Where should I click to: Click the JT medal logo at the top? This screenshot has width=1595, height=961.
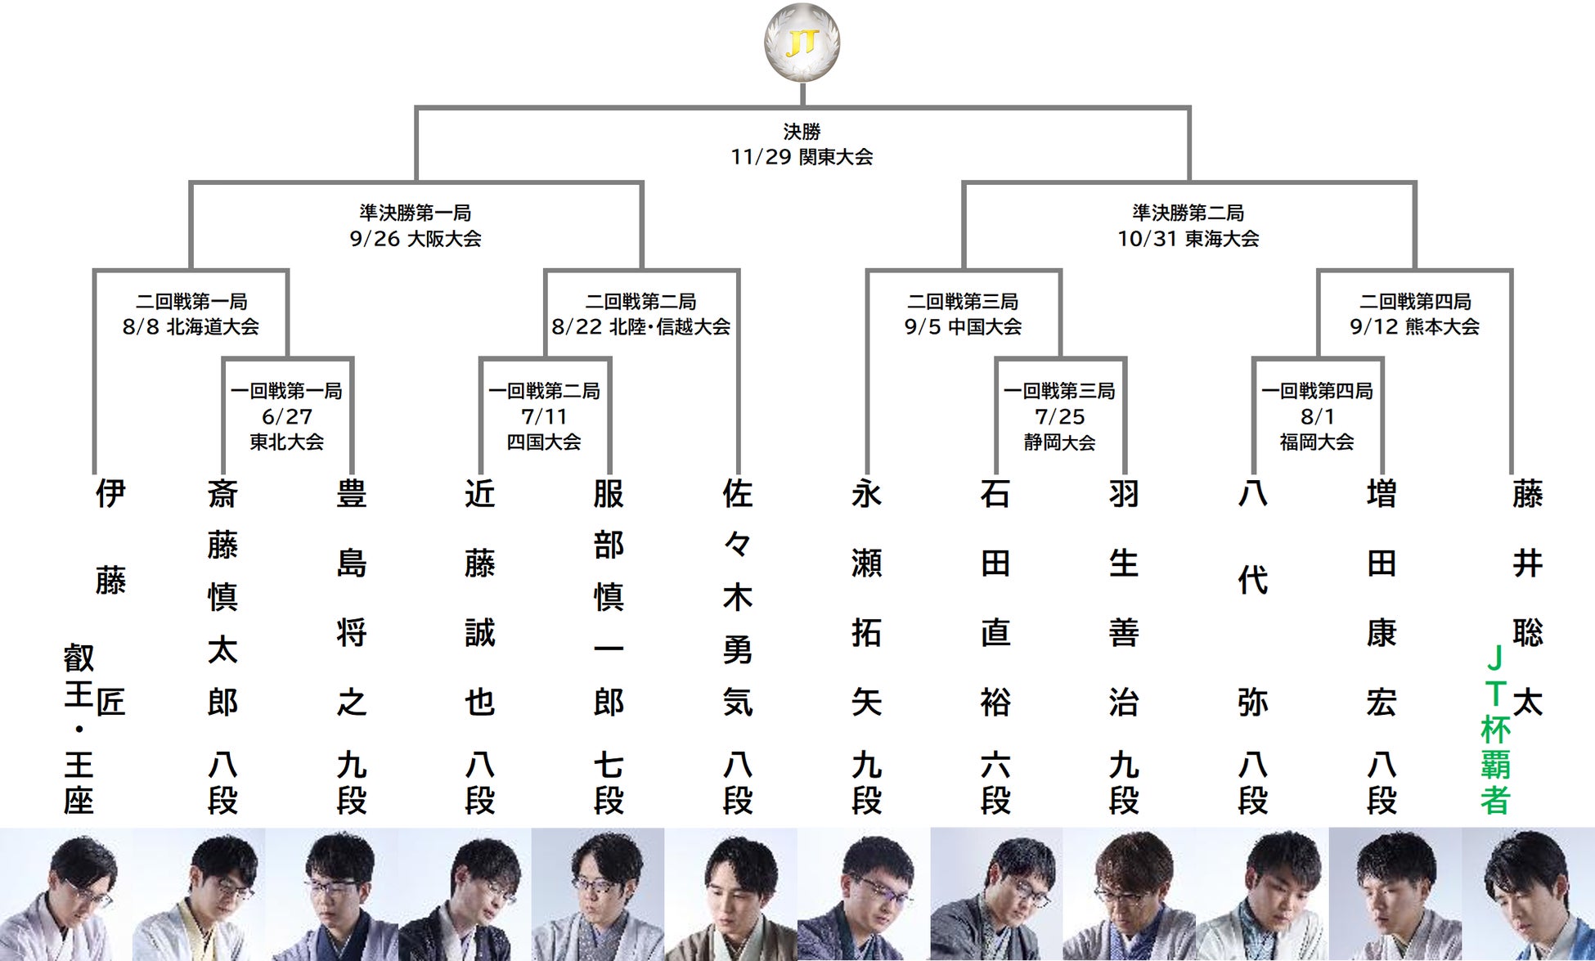coord(802,43)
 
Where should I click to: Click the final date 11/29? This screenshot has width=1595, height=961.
coord(761,157)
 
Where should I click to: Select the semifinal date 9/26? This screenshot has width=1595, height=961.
coord(375,239)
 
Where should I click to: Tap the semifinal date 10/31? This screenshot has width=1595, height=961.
coord(1147,239)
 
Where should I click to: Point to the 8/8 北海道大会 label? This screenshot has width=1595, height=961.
coord(191,327)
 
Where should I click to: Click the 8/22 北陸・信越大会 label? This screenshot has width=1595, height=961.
coord(641,327)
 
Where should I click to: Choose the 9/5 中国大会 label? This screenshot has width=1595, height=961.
coord(963,327)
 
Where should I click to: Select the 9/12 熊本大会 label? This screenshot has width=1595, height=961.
coord(1415,327)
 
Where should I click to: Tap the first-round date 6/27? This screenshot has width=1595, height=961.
coord(287,417)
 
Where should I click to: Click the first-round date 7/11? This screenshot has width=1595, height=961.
coord(544,417)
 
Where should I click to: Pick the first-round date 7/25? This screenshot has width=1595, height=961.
coord(1060,417)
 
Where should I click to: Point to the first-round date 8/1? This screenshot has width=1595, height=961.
coord(1318,417)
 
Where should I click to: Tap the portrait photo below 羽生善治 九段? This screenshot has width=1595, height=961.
coord(1130,894)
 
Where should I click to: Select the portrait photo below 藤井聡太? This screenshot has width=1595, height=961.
coord(1528,894)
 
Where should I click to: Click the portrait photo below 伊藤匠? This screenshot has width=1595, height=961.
coord(66,894)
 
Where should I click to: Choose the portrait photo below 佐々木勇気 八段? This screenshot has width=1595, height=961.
coord(730,894)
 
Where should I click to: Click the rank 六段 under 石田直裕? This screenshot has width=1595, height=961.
coord(995,784)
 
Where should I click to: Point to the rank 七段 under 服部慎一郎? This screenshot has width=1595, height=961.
coord(609,784)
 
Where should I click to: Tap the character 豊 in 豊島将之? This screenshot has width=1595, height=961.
coord(352,494)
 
